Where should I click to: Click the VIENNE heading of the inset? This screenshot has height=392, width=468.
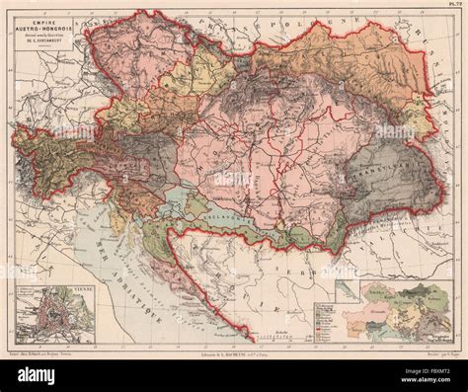[x=82, y=288]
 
